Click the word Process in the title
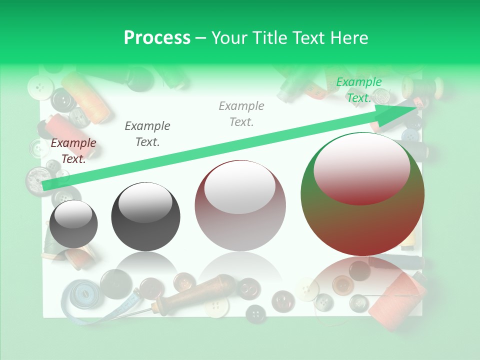pos(157,38)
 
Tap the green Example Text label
pos(358,90)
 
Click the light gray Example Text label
pos(241,113)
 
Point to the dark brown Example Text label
pos(73,150)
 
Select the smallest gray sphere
pos(74,224)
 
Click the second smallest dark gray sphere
pos(145,216)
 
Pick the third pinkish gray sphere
pos(240,206)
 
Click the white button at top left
pos(40,88)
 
